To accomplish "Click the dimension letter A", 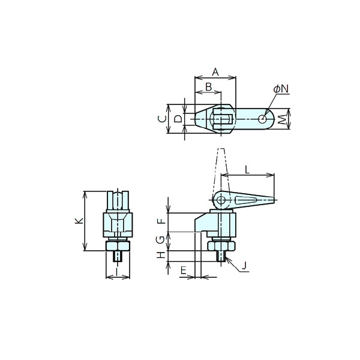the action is pyautogui.click(x=215, y=72).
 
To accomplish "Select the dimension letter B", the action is pyautogui.click(x=208, y=87).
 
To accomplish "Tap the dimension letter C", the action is pyautogui.click(x=163, y=119).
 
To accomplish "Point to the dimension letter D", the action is pyautogui.click(x=178, y=119).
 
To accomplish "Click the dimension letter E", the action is pyautogui.click(x=183, y=271).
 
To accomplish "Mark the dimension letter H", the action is pyautogui.click(x=161, y=255).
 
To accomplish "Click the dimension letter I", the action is pyautogui.click(x=117, y=272).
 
